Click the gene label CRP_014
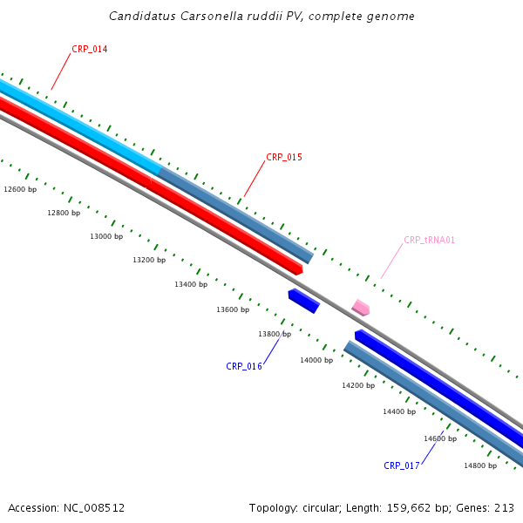coord(89,50)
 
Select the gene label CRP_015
coord(284,158)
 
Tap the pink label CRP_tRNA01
coord(429,241)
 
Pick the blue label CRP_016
coord(244,367)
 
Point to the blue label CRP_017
coord(402,466)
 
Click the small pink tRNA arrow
coord(361,308)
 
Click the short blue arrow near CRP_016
coord(303,301)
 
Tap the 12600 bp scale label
coord(20,189)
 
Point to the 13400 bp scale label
coord(191,285)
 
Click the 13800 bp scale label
coord(275,335)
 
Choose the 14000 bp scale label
coord(316,361)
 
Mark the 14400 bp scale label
coord(399,412)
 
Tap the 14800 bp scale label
coord(480,466)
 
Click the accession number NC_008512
coord(93,508)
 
